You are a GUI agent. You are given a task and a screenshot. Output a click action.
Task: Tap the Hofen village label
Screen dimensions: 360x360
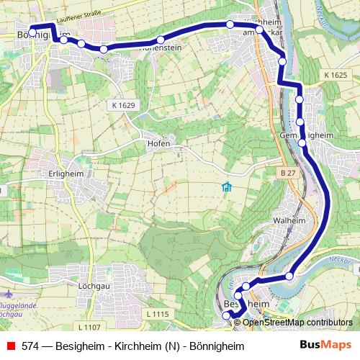158,143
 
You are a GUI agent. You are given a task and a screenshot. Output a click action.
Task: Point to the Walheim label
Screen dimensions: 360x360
290,220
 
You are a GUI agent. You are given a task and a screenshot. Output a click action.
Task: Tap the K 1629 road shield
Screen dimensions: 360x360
124,105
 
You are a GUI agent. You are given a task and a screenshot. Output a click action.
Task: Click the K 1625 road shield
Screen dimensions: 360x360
335,75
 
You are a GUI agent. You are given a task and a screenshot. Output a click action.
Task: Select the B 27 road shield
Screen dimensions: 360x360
288,173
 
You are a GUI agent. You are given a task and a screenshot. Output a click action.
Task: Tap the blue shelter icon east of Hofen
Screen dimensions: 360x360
227,188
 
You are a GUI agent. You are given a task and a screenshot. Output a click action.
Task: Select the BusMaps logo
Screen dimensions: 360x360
325,345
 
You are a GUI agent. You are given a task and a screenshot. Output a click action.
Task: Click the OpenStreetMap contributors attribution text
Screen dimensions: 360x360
297,323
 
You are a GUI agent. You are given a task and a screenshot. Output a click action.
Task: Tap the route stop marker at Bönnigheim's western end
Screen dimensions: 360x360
32,34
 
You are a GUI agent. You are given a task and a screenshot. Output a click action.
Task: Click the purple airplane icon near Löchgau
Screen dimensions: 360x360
8,295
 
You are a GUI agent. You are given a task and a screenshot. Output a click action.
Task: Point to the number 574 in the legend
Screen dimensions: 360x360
30,346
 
